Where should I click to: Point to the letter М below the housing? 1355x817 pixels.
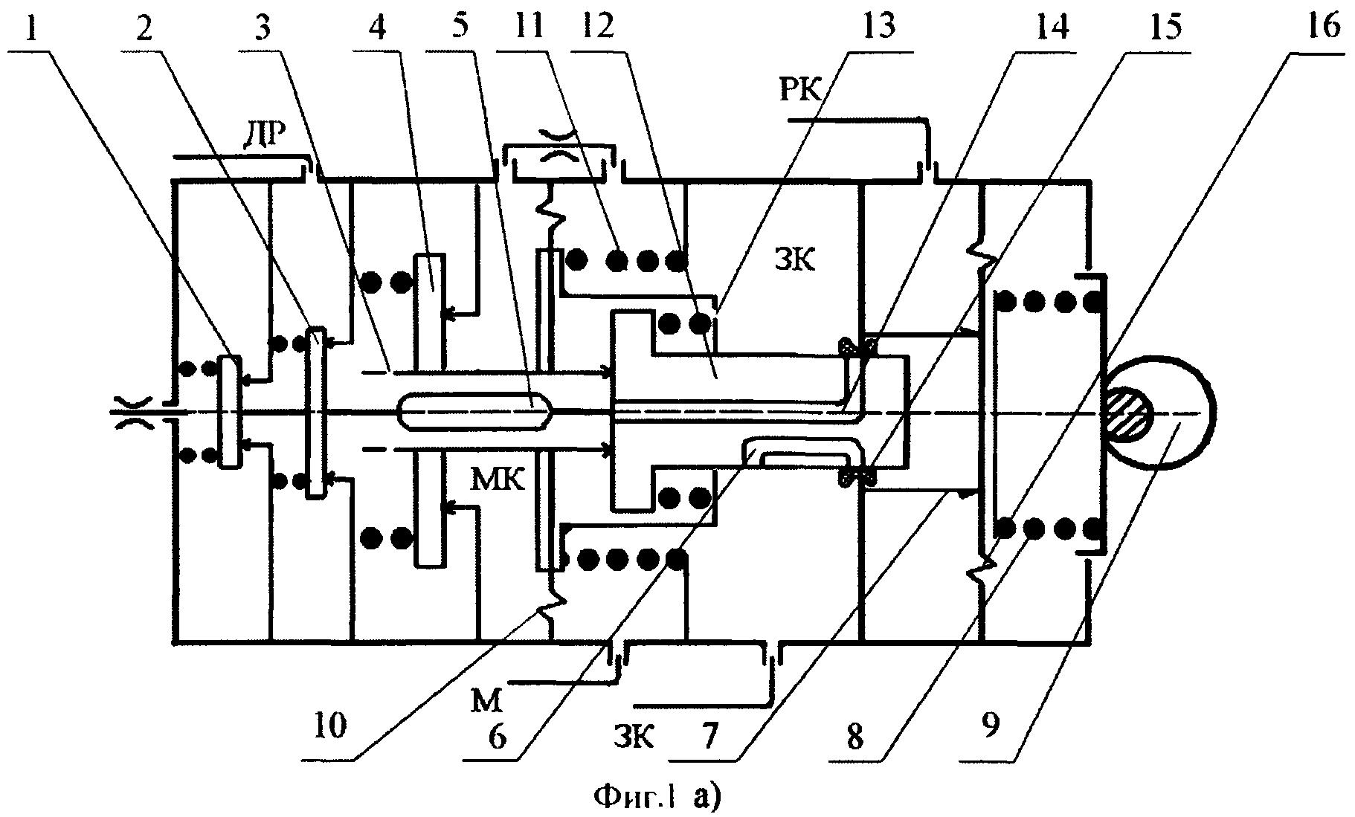click(x=491, y=700)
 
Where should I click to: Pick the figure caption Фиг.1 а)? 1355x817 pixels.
click(x=657, y=798)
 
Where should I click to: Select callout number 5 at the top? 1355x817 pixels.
click(x=459, y=27)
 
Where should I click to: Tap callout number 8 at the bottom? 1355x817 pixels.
click(x=856, y=737)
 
